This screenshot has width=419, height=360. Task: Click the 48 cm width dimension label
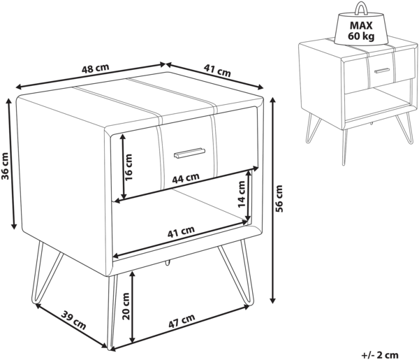pos(96,69)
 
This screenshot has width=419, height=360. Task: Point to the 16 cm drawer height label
pos(128,167)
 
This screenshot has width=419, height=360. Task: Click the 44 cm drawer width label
pos(186,178)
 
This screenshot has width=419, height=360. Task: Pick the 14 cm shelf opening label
pos(242,194)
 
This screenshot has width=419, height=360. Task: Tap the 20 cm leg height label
pos(125,306)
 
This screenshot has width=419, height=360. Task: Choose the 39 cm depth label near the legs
pos(74,320)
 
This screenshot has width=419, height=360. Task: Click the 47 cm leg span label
pos(182,321)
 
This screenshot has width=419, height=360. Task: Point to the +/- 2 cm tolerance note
pos(380,355)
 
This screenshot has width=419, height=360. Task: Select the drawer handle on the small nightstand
pos(382,71)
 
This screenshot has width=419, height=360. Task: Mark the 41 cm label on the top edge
pos(217,71)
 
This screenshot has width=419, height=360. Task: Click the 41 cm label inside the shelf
pos(181,232)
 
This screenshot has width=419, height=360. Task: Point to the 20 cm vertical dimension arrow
pos(132,307)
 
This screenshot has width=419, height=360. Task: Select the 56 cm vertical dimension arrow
pos(272,200)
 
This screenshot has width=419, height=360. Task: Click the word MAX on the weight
pos(361,26)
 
